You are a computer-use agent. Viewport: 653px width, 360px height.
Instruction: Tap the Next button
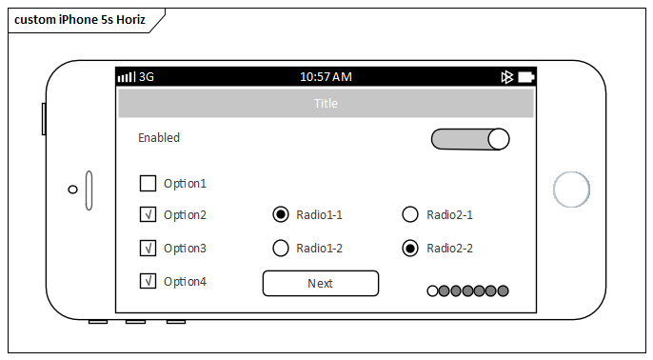pyautogui.click(x=321, y=283)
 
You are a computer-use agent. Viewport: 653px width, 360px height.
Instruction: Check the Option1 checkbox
pyautogui.click(x=148, y=183)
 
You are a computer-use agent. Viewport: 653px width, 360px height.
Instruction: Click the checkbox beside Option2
pyautogui.click(x=148, y=214)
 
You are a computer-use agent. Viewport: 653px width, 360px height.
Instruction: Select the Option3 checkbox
pyautogui.click(x=148, y=248)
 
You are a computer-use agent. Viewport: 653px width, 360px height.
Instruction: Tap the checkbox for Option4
pyautogui.click(x=148, y=281)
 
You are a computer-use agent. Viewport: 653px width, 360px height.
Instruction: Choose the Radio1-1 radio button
pyautogui.click(x=281, y=214)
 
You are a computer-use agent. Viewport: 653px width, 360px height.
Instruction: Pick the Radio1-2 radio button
pyautogui.click(x=281, y=248)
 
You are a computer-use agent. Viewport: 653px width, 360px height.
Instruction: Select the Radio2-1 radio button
pyautogui.click(x=410, y=214)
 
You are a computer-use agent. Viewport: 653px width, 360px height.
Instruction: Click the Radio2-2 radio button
pyautogui.click(x=410, y=248)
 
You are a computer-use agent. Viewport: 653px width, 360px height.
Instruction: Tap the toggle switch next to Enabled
pyautogui.click(x=470, y=139)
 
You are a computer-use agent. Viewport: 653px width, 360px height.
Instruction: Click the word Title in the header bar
pyautogui.click(x=326, y=103)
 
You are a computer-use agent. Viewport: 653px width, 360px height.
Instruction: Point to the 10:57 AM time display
pyautogui.click(x=326, y=76)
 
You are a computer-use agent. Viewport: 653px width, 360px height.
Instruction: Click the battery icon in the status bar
pyautogui.click(x=525, y=76)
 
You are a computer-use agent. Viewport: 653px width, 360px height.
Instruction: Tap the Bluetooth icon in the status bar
pyautogui.click(x=506, y=76)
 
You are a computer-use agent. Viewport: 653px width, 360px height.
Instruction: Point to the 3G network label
pyautogui.click(x=147, y=76)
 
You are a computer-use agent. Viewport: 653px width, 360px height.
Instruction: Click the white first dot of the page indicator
pyautogui.click(x=433, y=290)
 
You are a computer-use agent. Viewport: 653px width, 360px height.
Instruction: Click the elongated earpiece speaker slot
pyautogui.click(x=89, y=190)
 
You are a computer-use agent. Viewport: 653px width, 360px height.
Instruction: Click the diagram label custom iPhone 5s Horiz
pyautogui.click(x=80, y=20)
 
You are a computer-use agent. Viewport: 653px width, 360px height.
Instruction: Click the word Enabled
pyautogui.click(x=159, y=138)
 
